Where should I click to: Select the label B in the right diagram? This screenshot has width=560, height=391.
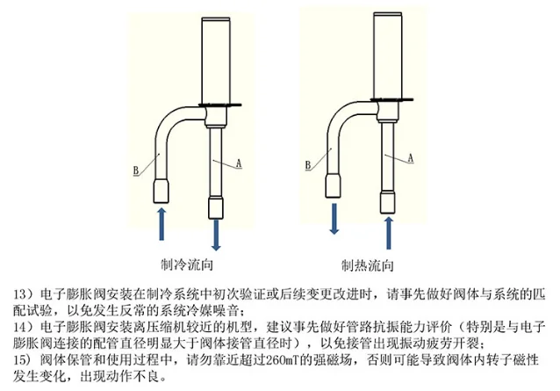(x=309, y=163)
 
